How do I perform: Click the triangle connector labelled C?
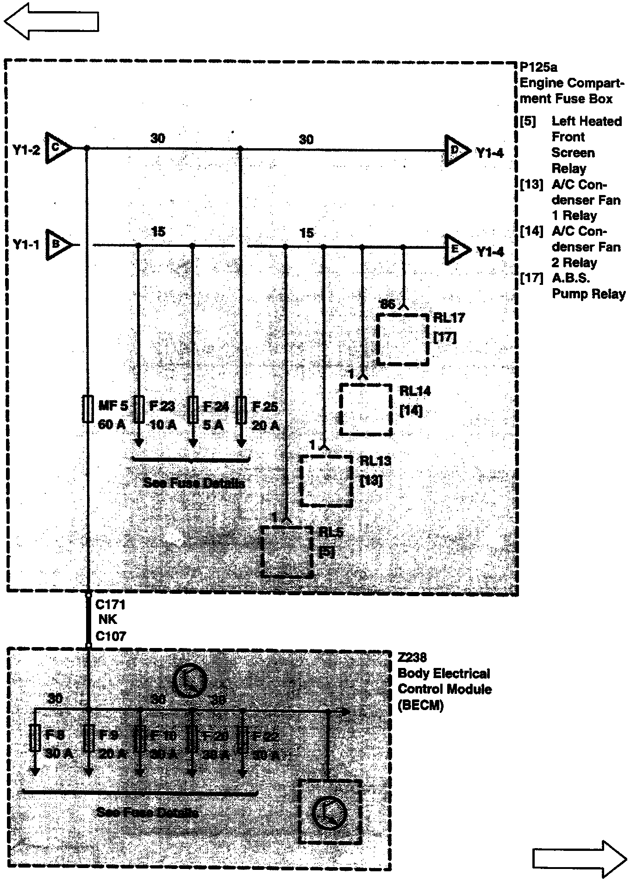[57, 149]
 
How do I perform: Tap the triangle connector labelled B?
[57, 244]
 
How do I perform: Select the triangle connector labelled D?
[456, 151]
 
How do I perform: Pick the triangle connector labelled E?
[456, 250]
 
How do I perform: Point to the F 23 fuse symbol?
[138, 409]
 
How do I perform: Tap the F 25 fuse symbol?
[241, 409]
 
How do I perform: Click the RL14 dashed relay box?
[366, 409]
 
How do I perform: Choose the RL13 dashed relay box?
[326, 481]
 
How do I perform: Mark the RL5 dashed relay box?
[287, 551]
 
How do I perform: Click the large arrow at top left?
[51, 21]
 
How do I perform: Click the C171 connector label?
[110, 604]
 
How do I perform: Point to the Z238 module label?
[412, 657]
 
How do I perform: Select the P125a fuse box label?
[538, 68]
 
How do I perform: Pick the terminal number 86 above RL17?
[387, 304]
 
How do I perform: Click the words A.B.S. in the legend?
[571, 278]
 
